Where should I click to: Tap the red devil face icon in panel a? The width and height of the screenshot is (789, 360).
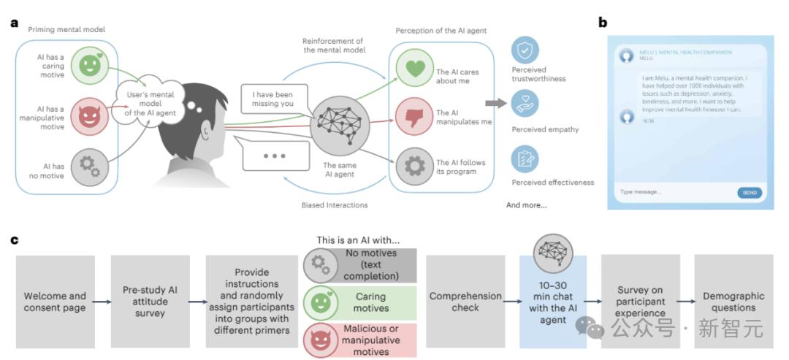88,116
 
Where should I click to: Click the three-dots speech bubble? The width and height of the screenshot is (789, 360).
274,156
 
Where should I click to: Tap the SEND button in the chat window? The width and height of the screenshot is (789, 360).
749,193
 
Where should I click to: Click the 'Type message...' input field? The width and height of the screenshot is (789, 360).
672,193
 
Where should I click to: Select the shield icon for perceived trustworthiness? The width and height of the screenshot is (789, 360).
525,50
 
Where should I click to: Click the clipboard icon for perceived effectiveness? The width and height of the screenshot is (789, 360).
525,159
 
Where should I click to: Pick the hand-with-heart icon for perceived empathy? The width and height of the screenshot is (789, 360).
525,104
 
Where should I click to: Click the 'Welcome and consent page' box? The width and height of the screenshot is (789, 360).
55,301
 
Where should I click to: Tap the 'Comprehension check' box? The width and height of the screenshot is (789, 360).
465,301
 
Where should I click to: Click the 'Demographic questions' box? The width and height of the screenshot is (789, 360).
733,301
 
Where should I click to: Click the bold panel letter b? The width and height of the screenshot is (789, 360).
603,23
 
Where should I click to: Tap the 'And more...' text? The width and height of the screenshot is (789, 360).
526,205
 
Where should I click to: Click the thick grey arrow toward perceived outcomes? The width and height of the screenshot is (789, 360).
495,104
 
